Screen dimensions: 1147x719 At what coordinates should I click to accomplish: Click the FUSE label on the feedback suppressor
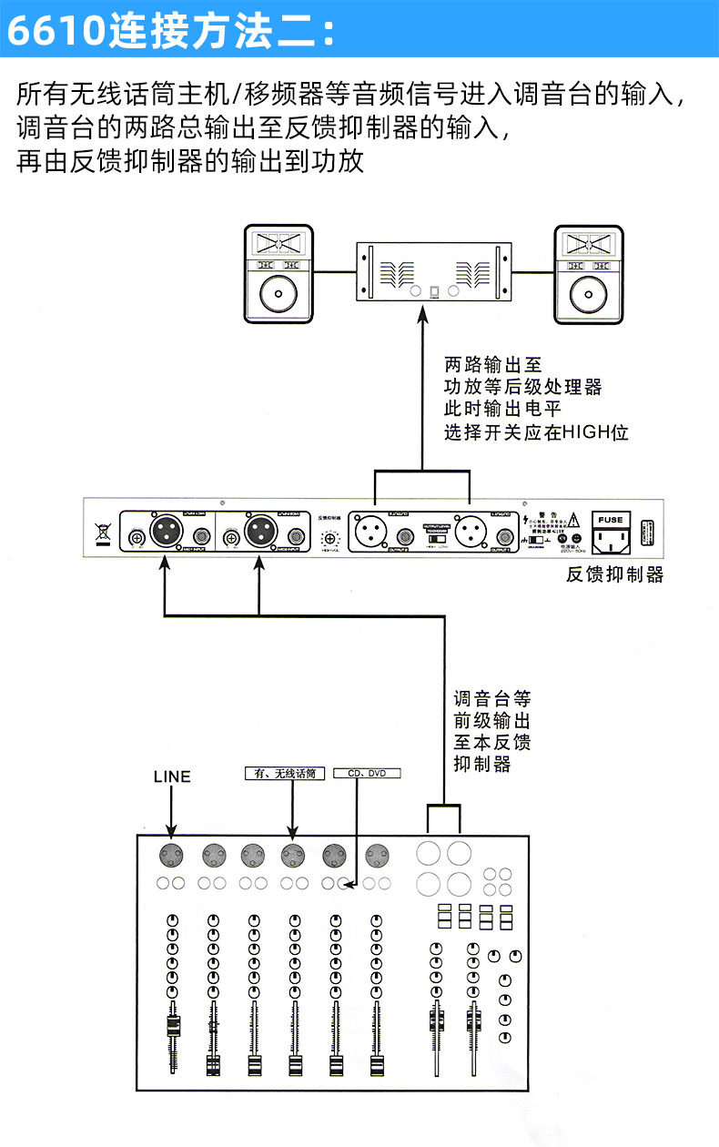point(611,520)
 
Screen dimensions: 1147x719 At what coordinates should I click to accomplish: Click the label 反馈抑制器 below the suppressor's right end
point(614,575)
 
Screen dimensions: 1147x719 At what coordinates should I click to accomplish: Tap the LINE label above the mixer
point(172,777)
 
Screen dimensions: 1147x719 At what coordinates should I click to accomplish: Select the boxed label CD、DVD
point(367,773)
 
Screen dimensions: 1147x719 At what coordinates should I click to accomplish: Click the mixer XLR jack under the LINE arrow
point(172,855)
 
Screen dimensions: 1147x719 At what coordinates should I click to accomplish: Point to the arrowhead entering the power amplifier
point(421,314)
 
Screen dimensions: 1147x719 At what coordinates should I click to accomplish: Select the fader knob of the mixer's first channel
point(172,1028)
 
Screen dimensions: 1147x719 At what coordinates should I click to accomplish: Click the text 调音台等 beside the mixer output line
point(491,699)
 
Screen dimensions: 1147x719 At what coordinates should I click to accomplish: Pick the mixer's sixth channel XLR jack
point(377,855)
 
